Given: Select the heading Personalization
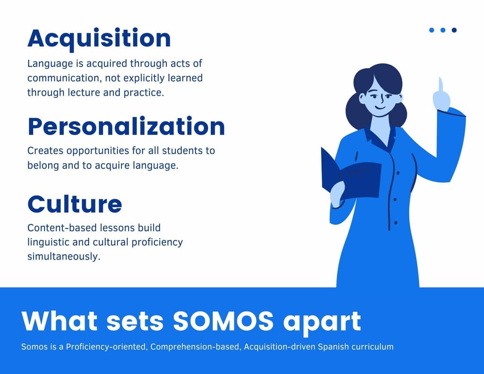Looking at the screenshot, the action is click(x=126, y=127).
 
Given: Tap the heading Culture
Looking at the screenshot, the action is click(x=75, y=204).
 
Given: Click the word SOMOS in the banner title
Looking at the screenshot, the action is click(x=223, y=321).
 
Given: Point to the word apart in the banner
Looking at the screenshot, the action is click(x=322, y=323).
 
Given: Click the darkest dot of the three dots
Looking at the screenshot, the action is click(x=454, y=30).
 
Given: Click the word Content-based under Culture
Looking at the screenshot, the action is click(x=59, y=227).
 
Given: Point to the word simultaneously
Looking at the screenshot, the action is click(x=64, y=257).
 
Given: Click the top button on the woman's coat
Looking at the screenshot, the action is click(x=398, y=173).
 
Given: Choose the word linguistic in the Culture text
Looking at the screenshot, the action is click(x=49, y=243).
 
